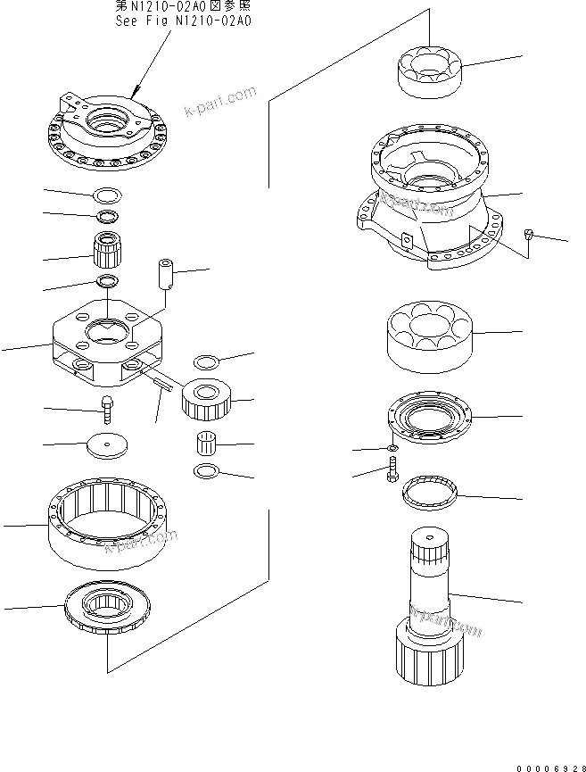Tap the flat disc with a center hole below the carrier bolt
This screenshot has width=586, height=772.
(x=107, y=444)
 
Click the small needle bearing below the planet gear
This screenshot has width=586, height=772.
(x=208, y=442)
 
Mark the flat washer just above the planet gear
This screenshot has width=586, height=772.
(x=208, y=361)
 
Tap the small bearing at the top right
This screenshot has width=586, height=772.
(x=426, y=71)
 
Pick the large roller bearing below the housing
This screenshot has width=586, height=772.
(x=427, y=336)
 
